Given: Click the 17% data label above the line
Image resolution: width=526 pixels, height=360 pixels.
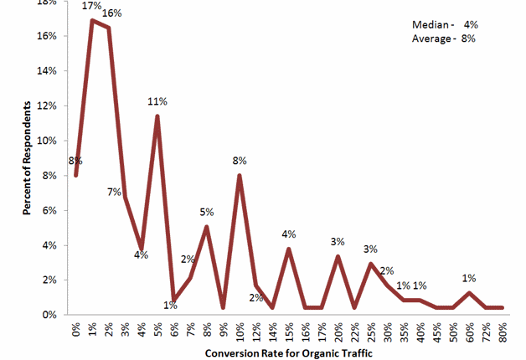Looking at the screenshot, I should pyautogui.click(x=92, y=7).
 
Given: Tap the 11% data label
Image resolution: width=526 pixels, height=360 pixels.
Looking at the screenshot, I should pyautogui.click(x=157, y=102).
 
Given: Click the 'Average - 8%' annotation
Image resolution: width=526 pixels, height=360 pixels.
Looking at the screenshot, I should pyautogui.click(x=444, y=39).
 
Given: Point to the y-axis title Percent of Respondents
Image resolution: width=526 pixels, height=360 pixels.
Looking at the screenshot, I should pyautogui.click(x=28, y=160).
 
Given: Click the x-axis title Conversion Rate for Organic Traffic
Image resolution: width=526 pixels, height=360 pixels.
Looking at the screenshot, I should pyautogui.click(x=288, y=352).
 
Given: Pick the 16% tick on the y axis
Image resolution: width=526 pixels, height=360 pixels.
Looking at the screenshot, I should pyautogui.click(x=46, y=36).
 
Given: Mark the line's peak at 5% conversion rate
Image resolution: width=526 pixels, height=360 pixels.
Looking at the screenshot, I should pyautogui.click(x=157, y=116).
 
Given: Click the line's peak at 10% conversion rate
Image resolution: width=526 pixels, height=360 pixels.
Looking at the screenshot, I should pyautogui.click(x=240, y=176).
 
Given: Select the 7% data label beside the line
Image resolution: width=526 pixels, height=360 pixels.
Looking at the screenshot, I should pyautogui.click(x=114, y=193).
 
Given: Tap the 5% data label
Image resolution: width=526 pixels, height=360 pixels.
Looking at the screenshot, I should pyautogui.click(x=207, y=212).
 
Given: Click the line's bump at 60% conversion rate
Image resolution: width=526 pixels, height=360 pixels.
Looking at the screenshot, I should pyautogui.click(x=470, y=293).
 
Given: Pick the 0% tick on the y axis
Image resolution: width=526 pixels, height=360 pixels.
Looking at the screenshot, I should pyautogui.click(x=49, y=315).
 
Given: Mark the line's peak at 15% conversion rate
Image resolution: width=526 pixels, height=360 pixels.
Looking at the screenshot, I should pyautogui.click(x=289, y=249).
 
